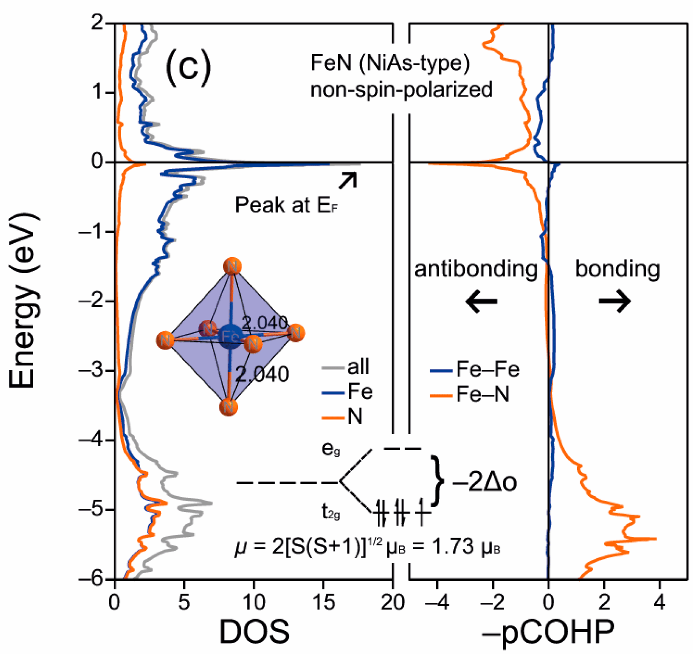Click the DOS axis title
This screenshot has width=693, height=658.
(x=254, y=631)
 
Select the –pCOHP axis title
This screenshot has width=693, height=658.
(x=548, y=631)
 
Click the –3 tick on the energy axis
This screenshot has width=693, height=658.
(x=92, y=370)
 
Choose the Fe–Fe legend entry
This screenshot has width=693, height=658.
(x=474, y=369)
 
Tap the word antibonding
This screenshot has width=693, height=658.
(x=476, y=269)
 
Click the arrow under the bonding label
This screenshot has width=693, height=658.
(x=615, y=301)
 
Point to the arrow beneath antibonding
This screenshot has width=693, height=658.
(x=481, y=301)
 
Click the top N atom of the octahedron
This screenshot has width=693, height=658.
(x=232, y=266)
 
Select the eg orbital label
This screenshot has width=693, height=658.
(x=331, y=449)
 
